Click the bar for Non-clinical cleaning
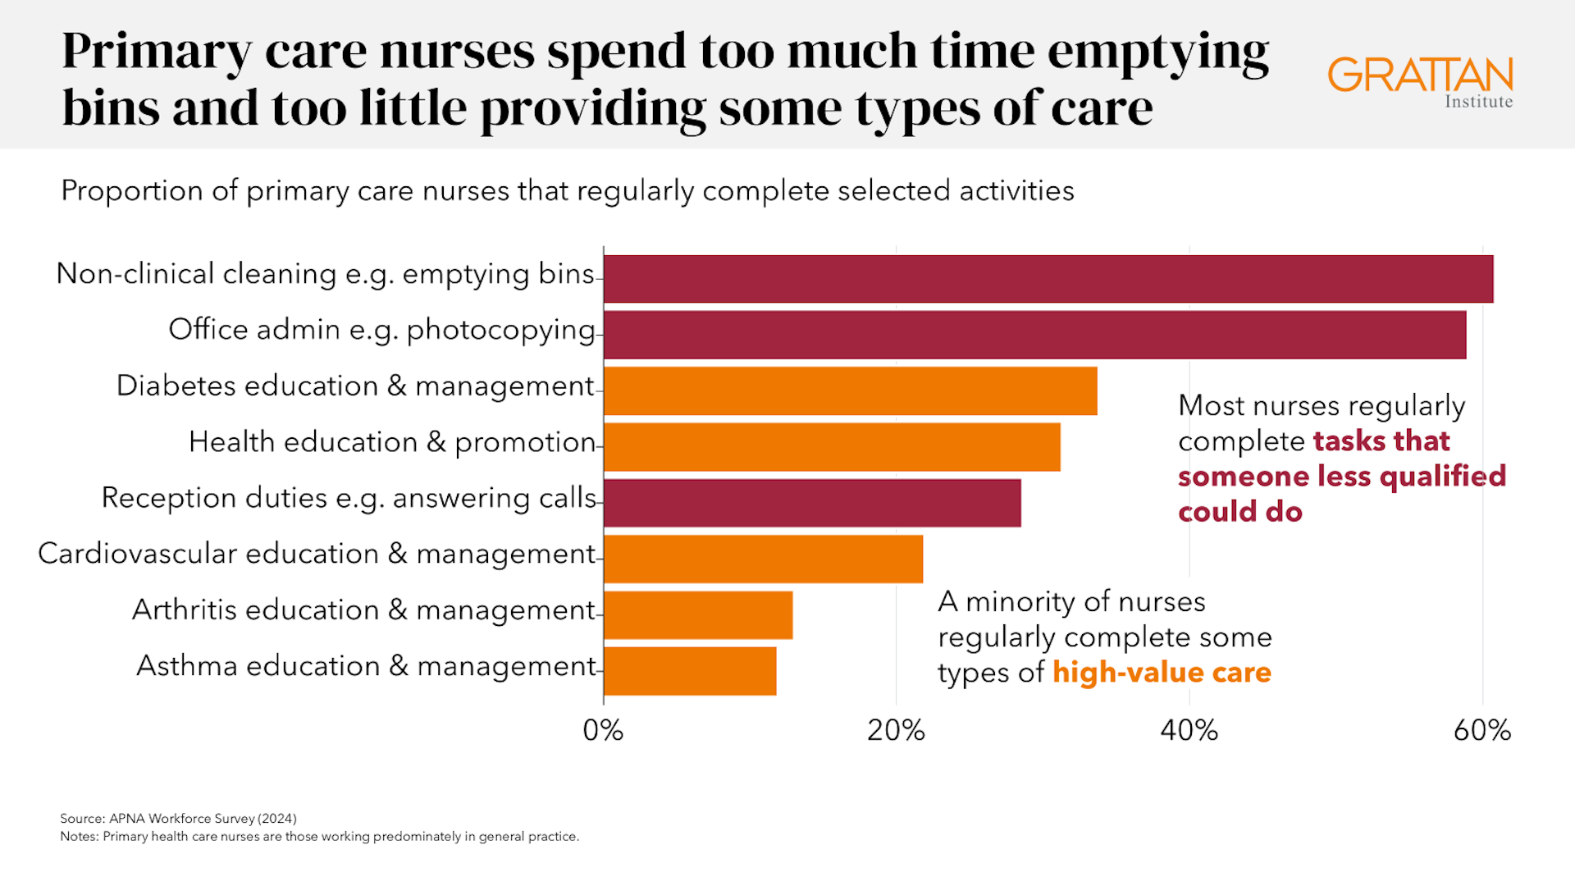[1048, 279]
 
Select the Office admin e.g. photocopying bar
[1034, 335]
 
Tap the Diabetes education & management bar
[850, 390]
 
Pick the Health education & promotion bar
[832, 447]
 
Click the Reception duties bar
[812, 503]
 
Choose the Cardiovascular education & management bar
[763, 559]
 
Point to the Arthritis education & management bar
[698, 614]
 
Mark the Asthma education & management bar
[690, 671]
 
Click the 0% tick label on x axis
[603, 730]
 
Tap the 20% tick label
[896, 730]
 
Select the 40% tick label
[1189, 730]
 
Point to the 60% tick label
[1481, 730]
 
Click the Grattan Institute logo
[1420, 82]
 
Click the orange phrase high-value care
[1162, 673]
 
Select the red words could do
[1239, 512]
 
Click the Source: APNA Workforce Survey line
[178, 818]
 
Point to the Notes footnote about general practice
[319, 836]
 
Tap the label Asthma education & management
[366, 666]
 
